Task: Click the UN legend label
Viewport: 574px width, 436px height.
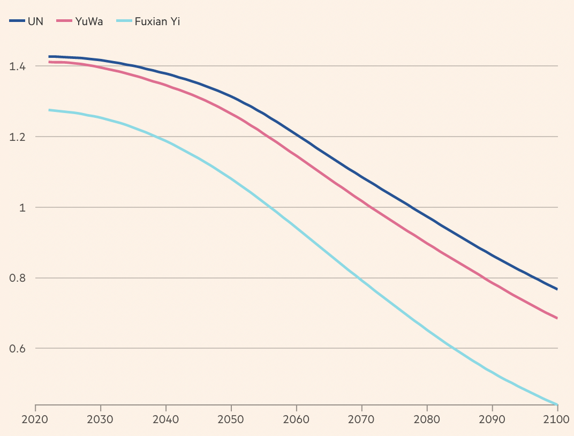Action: [35, 21]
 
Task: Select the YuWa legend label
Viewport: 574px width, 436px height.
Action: [89, 21]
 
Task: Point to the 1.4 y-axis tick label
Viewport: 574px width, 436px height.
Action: [18, 66]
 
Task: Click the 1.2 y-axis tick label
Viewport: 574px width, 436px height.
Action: [18, 137]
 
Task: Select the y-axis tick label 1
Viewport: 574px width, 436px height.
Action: [22, 208]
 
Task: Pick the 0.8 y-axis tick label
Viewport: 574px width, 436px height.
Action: [18, 279]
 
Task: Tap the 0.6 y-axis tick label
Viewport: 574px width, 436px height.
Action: [18, 349]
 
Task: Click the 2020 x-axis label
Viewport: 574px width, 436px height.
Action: [35, 419]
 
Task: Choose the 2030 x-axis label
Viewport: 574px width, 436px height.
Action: [100, 419]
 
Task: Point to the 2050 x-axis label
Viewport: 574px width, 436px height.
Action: [231, 419]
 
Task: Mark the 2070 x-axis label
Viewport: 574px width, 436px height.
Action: [361, 419]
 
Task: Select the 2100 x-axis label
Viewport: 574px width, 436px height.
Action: [557, 419]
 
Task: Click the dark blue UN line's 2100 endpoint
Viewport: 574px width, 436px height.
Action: [557, 289]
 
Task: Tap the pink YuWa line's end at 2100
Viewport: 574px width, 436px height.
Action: [557, 318]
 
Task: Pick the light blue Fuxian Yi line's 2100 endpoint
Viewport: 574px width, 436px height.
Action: [557, 404]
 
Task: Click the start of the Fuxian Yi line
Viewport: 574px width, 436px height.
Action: [49, 110]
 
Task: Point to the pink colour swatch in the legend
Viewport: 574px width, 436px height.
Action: [64, 21]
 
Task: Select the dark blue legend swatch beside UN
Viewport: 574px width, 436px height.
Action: [17, 21]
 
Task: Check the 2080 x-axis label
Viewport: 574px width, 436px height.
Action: [427, 419]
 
